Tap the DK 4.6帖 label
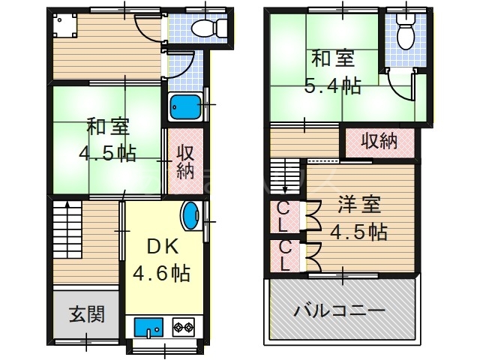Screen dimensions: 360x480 161,259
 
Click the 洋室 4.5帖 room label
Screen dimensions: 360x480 361,217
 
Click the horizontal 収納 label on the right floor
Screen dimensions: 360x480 379,140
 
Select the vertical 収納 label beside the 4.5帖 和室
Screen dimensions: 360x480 184,161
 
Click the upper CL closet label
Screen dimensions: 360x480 284,215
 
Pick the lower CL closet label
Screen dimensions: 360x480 284,255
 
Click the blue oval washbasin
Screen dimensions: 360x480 191,216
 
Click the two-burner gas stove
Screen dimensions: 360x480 184,327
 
